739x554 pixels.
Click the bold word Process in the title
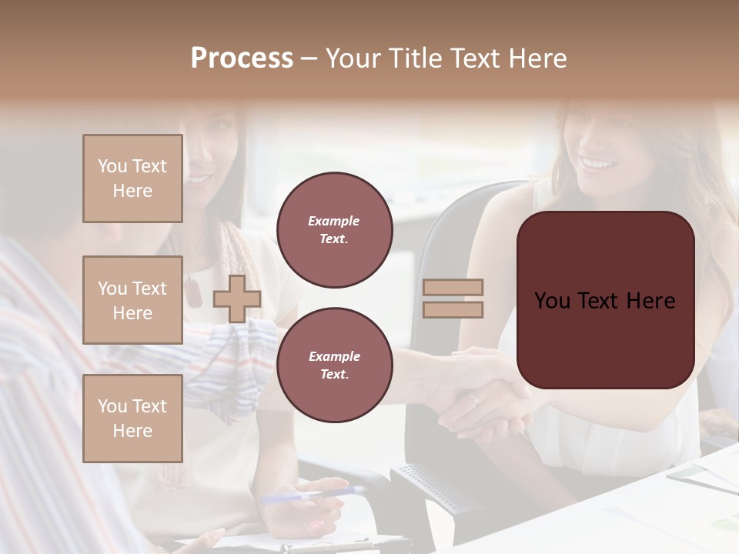click(242, 58)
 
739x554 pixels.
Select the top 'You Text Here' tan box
click(132, 179)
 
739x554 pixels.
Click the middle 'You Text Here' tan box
click(132, 300)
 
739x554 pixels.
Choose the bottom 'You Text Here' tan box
click(132, 418)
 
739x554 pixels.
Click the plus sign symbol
click(236, 299)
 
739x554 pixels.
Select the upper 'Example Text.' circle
click(334, 230)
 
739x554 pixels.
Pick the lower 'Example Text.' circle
click(334, 365)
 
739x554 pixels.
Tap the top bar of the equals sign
click(453, 288)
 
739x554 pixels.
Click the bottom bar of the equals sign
click(453, 309)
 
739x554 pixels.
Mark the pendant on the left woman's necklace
click(193, 292)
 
